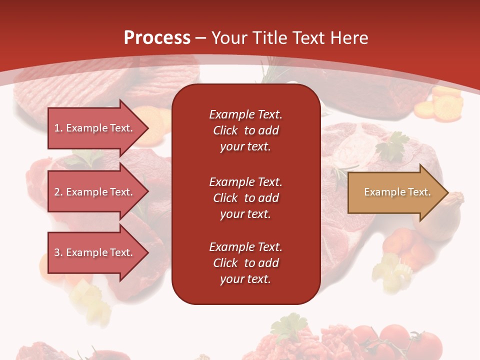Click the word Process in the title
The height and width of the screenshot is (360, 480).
click(157, 38)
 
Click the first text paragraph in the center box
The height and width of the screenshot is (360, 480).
click(245, 130)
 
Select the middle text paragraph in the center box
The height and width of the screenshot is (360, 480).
click(245, 198)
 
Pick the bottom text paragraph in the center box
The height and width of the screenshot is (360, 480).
click(245, 263)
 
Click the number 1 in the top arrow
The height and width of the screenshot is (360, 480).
click(57, 128)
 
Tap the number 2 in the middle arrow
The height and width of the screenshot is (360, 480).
click(57, 192)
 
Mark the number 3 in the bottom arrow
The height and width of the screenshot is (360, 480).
click(57, 252)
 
